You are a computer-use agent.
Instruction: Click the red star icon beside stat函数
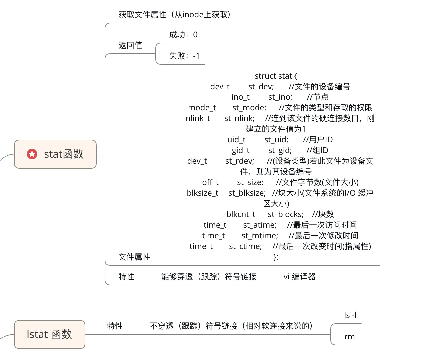click(x=32, y=154)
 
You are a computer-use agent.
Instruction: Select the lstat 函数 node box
click(x=50, y=334)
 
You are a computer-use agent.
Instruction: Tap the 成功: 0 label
click(x=183, y=35)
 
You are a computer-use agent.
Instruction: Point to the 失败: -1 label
click(x=184, y=56)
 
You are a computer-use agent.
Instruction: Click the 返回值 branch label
click(x=130, y=45)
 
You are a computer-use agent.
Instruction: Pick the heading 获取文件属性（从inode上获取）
click(x=175, y=15)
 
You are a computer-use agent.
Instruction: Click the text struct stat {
click(x=276, y=76)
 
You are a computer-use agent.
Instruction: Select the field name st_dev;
click(x=261, y=87)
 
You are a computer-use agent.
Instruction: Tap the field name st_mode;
click(x=249, y=108)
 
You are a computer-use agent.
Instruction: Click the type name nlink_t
click(x=198, y=118)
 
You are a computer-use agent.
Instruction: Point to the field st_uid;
click(x=276, y=140)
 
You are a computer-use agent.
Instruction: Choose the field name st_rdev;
click(x=240, y=161)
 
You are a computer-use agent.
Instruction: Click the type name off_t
click(x=210, y=182)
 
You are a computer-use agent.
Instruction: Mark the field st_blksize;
click(x=247, y=193)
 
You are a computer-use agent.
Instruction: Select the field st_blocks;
click(x=286, y=214)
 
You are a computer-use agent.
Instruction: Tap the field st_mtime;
click(x=260, y=236)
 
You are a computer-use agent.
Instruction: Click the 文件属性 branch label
click(x=134, y=257)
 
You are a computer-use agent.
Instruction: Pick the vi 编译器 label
click(x=299, y=277)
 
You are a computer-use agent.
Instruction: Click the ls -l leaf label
click(x=350, y=315)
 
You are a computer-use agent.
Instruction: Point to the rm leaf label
click(x=349, y=337)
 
